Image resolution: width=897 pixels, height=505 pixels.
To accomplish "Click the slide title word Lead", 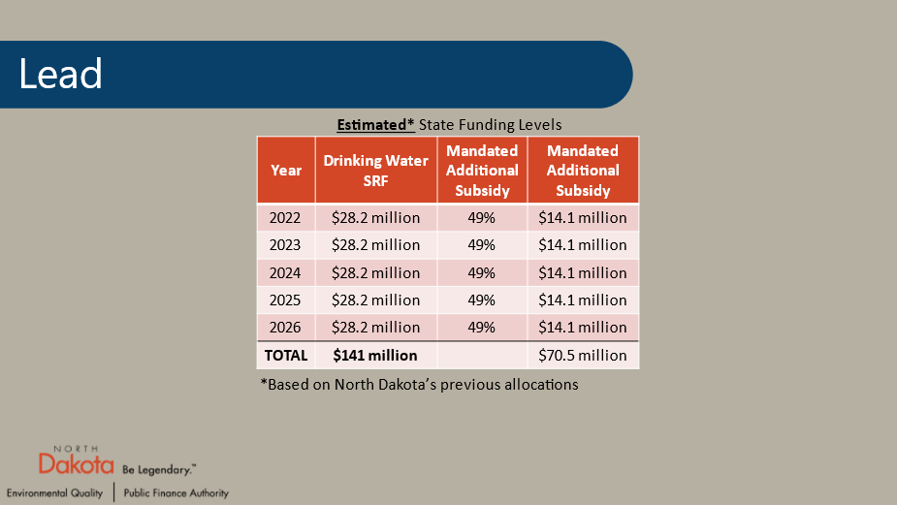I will pyautogui.click(x=60, y=75).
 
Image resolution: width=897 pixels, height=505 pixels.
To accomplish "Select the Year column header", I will pyautogui.click(x=286, y=171).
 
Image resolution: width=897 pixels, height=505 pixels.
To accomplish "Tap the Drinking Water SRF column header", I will pyautogui.click(x=375, y=171).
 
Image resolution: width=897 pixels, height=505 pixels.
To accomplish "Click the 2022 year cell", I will pyautogui.click(x=286, y=218).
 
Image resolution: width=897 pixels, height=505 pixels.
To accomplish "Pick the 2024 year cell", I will pyautogui.click(x=286, y=272).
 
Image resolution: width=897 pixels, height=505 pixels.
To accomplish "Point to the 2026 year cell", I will pyautogui.click(x=286, y=327).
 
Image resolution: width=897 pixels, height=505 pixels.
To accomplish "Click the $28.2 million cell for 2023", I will pyautogui.click(x=375, y=245).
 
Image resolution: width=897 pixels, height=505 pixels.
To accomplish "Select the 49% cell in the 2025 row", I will pyautogui.click(x=482, y=300).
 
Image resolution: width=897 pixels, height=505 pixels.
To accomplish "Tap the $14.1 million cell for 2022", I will pyautogui.click(x=583, y=218).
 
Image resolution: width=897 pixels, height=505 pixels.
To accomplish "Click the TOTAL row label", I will pyautogui.click(x=285, y=356).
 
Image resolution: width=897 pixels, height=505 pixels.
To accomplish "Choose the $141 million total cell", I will pyautogui.click(x=375, y=356).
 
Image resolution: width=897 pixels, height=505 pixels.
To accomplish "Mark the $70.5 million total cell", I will pyautogui.click(x=583, y=356).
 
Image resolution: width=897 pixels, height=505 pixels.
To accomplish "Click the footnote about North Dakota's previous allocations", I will pyautogui.click(x=419, y=385).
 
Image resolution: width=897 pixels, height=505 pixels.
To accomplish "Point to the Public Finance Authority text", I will pyautogui.click(x=176, y=493).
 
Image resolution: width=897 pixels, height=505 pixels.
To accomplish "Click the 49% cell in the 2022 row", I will pyautogui.click(x=482, y=218).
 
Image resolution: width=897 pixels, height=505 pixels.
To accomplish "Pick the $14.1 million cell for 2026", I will pyautogui.click(x=583, y=327).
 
